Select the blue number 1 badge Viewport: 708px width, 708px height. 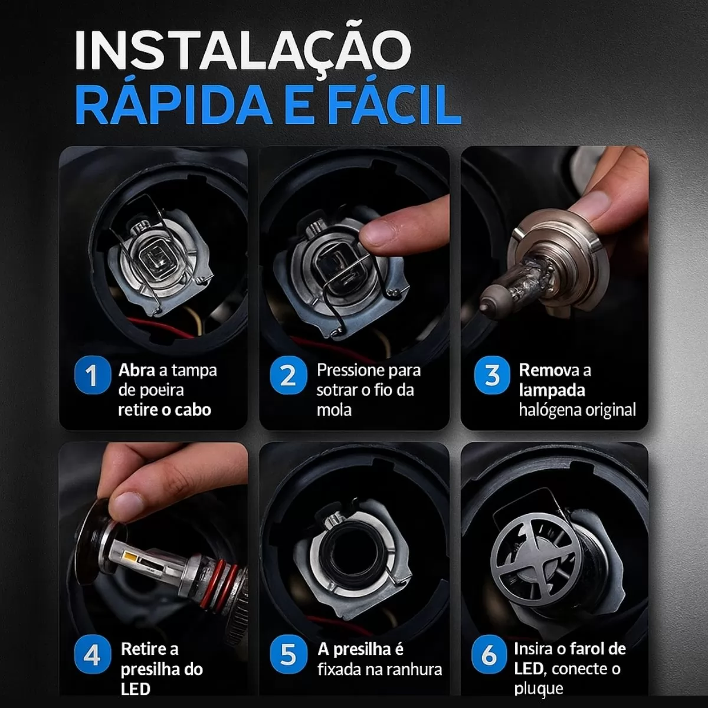coord(93,375)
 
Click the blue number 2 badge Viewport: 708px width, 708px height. coord(289,375)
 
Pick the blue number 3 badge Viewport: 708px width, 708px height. coord(492,375)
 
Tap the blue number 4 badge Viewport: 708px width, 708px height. coord(93,655)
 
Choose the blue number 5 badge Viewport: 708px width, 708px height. coord(289,655)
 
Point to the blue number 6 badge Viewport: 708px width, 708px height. coord(489,655)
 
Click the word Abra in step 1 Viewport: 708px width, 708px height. coord(136,371)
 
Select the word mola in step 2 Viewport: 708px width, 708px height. coord(334,410)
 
